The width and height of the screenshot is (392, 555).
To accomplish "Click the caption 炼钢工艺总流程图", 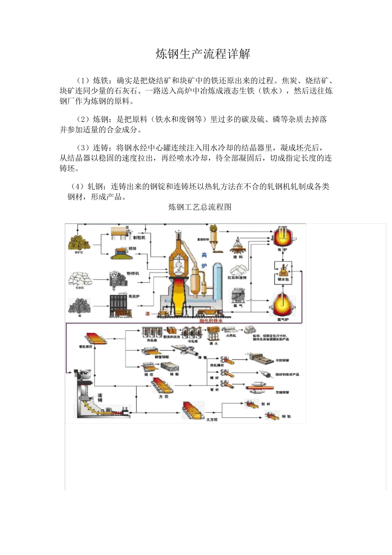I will [200, 207].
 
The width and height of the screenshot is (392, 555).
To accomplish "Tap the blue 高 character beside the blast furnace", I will [204, 255].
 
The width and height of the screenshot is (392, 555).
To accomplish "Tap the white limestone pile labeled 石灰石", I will [79, 278].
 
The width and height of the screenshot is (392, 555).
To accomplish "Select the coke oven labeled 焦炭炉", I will [120, 305].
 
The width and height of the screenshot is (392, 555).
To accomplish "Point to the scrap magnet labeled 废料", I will [238, 247].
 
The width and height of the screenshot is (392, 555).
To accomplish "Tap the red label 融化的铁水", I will [211, 320].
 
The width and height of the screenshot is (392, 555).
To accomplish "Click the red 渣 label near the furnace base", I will [147, 314].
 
